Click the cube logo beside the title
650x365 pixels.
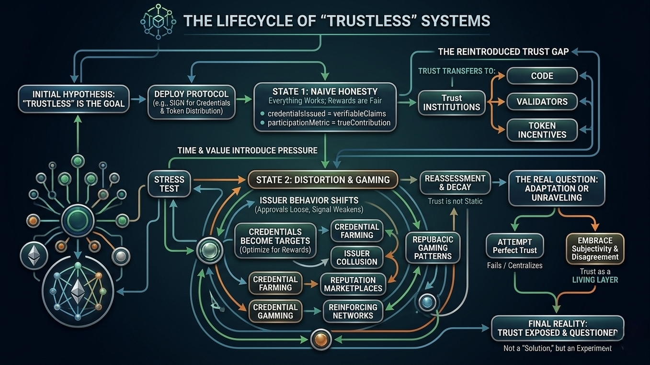coord(158,22)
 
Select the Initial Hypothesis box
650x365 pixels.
coord(74,99)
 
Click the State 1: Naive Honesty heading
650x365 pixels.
coord(325,91)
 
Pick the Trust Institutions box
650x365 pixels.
coord(452,102)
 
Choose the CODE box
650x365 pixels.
coord(542,76)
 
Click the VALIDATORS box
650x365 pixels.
coord(542,101)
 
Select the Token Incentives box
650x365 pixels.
coord(542,130)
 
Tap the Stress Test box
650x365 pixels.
coord(169,184)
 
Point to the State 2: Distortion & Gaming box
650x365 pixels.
coord(323,180)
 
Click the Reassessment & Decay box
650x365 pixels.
coord(455,183)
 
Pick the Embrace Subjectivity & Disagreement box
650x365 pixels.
coord(595,248)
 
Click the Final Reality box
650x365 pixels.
coord(558,328)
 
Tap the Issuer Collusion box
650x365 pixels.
coord(357,257)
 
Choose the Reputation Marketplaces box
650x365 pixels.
coord(353,284)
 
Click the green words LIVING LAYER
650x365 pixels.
coord(595,280)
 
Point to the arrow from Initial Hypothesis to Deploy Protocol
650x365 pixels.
coord(138,99)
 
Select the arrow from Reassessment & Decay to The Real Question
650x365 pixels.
coord(500,183)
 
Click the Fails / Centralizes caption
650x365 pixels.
coord(515,265)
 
